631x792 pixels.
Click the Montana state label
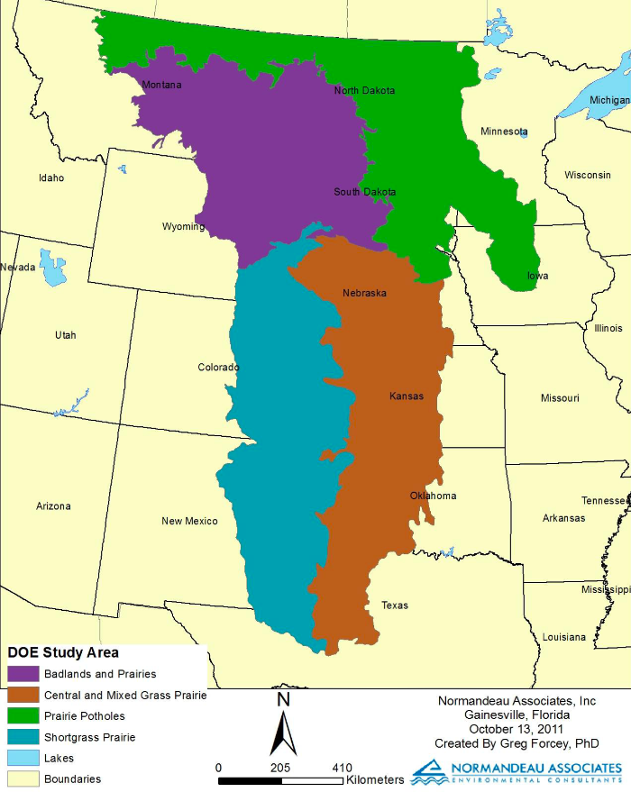(161, 86)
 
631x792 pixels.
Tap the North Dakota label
(364, 91)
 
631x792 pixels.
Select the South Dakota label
(364, 192)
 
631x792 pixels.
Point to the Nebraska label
(364, 294)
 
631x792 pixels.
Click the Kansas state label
(406, 396)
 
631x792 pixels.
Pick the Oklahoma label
(433, 496)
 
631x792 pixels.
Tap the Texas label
(394, 605)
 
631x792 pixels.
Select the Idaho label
(51, 178)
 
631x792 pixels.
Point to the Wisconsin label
(588, 175)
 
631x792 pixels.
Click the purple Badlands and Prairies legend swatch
(23, 674)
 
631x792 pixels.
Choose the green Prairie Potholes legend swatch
(23, 716)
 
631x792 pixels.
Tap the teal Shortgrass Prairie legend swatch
(23, 737)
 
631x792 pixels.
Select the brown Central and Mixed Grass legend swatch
(23, 695)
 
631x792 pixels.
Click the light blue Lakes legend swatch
(23, 759)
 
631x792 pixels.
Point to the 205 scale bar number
(280, 768)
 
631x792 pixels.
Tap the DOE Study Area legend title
(63, 652)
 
